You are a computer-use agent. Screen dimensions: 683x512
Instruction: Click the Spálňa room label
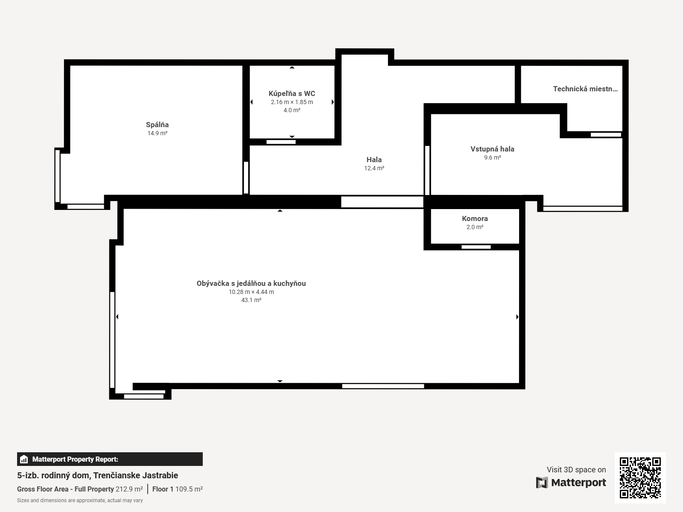pyautogui.click(x=157, y=125)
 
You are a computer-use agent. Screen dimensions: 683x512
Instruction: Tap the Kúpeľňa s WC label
pyautogui.click(x=292, y=93)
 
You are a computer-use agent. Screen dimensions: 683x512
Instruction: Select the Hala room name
pyautogui.click(x=374, y=160)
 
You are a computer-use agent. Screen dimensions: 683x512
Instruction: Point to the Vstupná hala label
pyautogui.click(x=492, y=149)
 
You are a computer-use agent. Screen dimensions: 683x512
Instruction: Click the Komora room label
pyautogui.click(x=475, y=219)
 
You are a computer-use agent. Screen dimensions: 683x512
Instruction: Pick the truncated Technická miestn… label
pyautogui.click(x=585, y=89)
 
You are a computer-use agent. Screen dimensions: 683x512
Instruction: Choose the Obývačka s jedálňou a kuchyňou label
pyautogui.click(x=251, y=283)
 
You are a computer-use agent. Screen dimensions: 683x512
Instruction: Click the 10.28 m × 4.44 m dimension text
pyautogui.click(x=251, y=292)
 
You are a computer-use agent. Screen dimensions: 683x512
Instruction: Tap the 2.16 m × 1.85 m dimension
pyautogui.click(x=292, y=102)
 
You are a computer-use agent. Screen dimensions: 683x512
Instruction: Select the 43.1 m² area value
pyautogui.click(x=251, y=300)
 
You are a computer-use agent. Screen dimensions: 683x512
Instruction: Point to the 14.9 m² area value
pyautogui.click(x=157, y=133)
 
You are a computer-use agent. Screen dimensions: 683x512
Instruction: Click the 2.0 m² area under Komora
pyautogui.click(x=475, y=227)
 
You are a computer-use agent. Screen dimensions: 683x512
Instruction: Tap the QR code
pyautogui.click(x=640, y=477)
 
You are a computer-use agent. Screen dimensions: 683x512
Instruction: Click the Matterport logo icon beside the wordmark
pyautogui.click(x=542, y=483)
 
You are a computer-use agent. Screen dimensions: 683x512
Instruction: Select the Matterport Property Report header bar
pyautogui.click(x=110, y=459)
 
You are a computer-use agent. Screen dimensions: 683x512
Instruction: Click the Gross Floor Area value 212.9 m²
pyautogui.click(x=129, y=489)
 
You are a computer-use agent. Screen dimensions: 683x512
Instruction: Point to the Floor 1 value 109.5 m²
pyautogui.click(x=189, y=489)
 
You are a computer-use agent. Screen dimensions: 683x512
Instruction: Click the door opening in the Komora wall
pyautogui.click(x=476, y=247)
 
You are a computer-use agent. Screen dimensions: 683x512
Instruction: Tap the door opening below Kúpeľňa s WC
pyautogui.click(x=281, y=142)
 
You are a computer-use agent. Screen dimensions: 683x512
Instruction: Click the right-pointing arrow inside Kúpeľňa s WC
pyautogui.click(x=333, y=102)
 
